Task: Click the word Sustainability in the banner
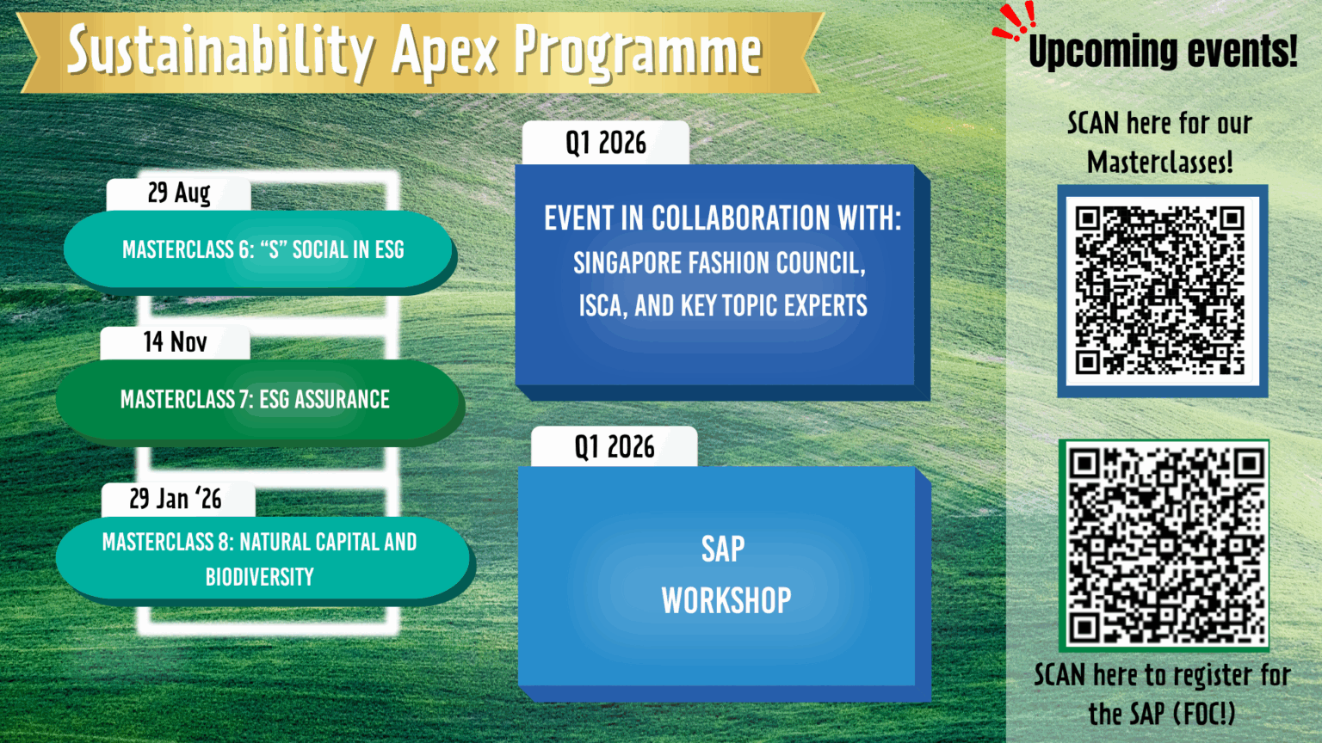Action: click(x=221, y=52)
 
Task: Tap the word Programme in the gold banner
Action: click(x=638, y=54)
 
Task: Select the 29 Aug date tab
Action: click(x=179, y=193)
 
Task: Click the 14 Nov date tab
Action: click(x=176, y=342)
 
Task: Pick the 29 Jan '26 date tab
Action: click(x=178, y=500)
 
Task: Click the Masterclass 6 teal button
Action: click(x=260, y=250)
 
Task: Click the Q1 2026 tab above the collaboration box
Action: click(x=606, y=143)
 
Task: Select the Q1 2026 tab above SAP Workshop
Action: click(x=615, y=447)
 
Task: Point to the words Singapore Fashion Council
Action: click(x=719, y=263)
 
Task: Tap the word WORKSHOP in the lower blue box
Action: click(x=726, y=601)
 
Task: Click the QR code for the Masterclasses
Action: click(x=1162, y=291)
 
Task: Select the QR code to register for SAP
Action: click(x=1164, y=545)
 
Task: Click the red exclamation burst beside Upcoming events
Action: click(x=1015, y=21)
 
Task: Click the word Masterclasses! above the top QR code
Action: click(x=1159, y=163)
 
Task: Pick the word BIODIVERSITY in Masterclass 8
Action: click(x=260, y=577)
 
